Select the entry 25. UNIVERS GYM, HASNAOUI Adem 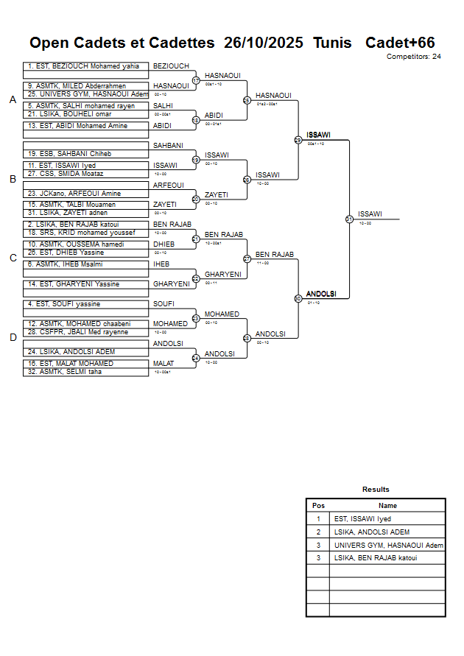tap(85, 94)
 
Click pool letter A tap(13, 100)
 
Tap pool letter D tap(13, 338)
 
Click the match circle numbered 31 tap(349, 219)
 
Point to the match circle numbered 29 tap(298, 140)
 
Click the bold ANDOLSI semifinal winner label tap(321, 294)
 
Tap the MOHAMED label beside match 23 tap(222, 314)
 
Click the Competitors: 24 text tap(414, 57)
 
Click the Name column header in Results tap(387, 506)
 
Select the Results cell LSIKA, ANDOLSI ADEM tap(371, 532)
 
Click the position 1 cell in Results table tap(318, 519)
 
